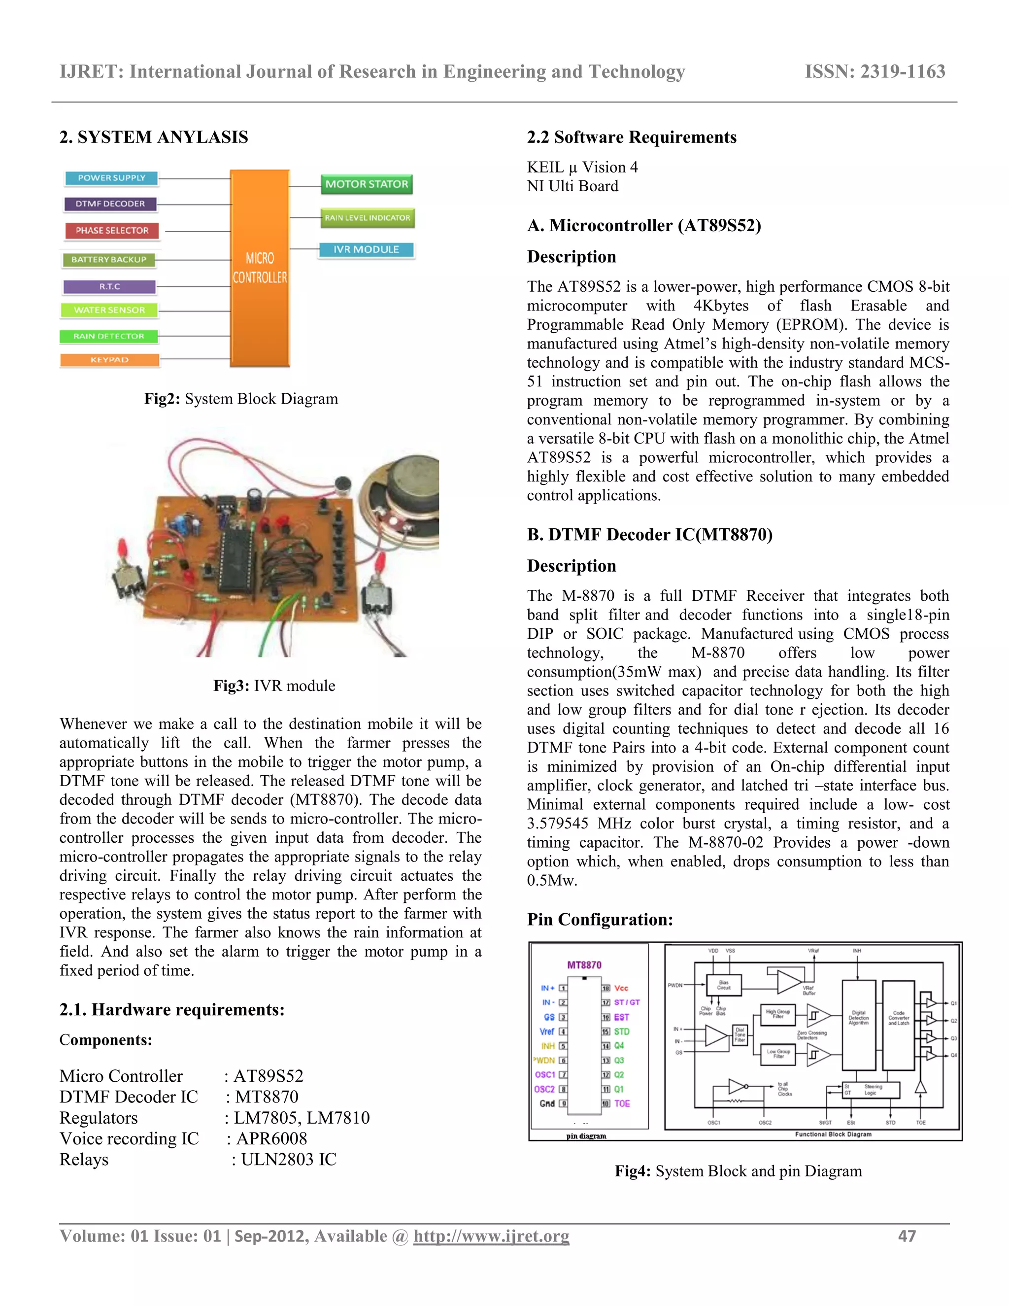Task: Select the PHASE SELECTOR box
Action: pos(112,231)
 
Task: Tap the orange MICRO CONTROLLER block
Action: pos(260,268)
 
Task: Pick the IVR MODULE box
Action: pos(366,250)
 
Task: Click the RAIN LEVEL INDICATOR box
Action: pos(368,218)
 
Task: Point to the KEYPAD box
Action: pos(109,360)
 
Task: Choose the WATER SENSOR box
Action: pos(109,310)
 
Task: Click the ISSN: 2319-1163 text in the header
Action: pos(874,72)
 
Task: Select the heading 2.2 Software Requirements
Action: pos(631,137)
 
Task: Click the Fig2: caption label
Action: pos(162,399)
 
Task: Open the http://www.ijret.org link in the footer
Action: pos(491,1236)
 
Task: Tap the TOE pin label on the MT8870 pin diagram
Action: pos(622,1104)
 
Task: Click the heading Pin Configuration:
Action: pos(600,920)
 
